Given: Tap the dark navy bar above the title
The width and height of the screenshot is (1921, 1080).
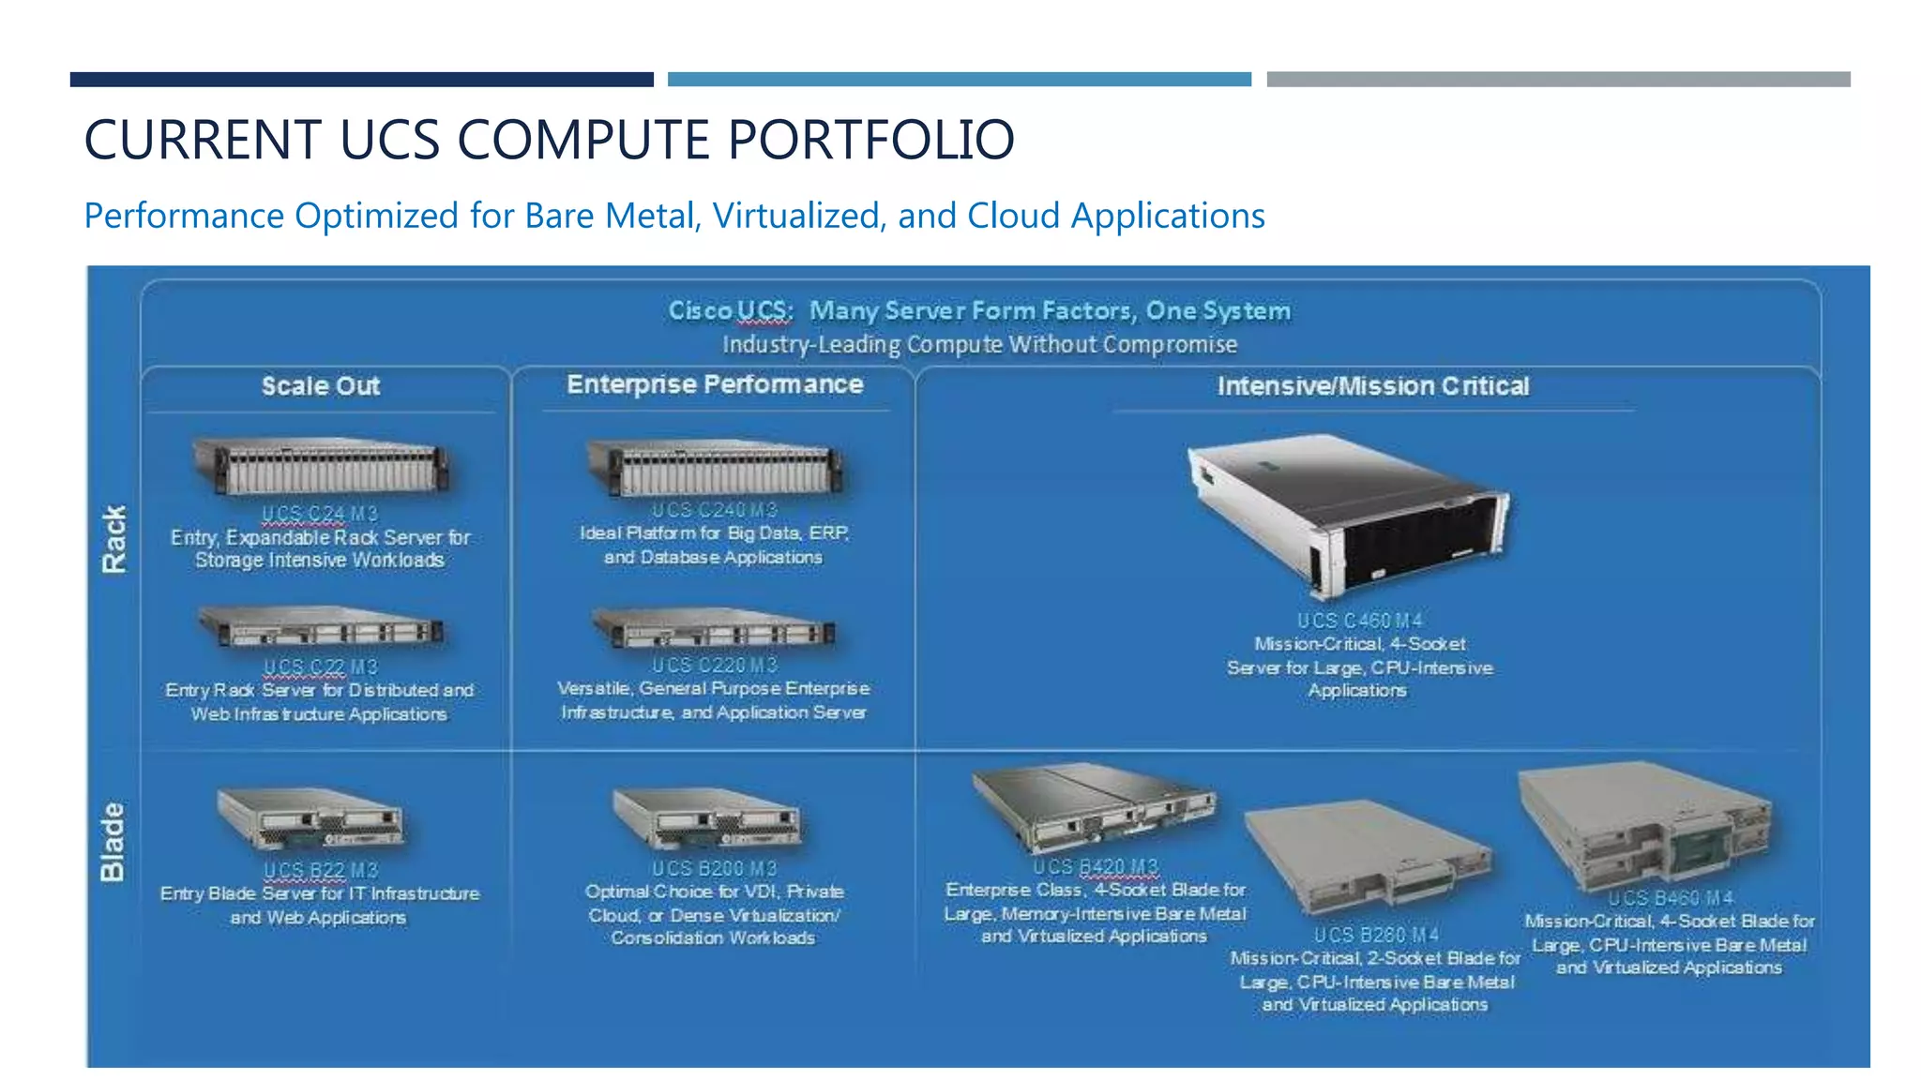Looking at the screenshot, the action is coord(361,80).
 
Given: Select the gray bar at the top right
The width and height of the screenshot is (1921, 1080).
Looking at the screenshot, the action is coord(1558,80).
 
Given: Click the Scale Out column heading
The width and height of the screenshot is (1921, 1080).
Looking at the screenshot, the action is coord(321,386).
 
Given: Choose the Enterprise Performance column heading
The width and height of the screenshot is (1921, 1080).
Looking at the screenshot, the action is coord(715,384).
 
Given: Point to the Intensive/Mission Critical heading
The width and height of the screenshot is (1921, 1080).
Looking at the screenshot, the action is coord(1373,386).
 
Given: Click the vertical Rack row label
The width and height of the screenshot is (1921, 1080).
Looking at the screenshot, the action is coord(113,539).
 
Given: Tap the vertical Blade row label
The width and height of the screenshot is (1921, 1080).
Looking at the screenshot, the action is coord(113,841).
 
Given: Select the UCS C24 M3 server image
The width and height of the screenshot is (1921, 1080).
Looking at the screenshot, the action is coord(321,466).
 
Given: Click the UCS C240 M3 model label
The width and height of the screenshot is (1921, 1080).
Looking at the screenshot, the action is coord(715,510).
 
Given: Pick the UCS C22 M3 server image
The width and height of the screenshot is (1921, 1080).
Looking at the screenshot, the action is coord(321,627).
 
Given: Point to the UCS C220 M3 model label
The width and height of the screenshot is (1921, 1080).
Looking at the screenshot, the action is coord(715,665).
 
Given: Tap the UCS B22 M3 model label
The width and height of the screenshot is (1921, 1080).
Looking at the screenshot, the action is coord(321,870).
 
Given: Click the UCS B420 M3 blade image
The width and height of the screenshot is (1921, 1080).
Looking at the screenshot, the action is coord(1093,806).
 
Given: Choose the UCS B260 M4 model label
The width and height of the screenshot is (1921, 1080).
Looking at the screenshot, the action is coord(1376,935).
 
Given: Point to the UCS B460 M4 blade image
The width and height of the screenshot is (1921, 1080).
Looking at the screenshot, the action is coord(1646,825).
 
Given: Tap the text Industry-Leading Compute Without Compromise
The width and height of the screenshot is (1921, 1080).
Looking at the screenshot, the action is coord(979,345).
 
